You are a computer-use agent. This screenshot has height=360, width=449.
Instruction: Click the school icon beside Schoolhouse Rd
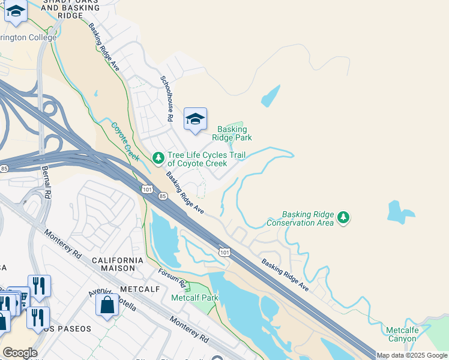pyautogui.click(x=195, y=119)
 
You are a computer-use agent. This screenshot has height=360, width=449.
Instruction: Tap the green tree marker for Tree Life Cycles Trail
pyautogui.click(x=158, y=158)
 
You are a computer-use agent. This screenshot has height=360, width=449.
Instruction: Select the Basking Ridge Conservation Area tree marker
pyautogui.click(x=343, y=217)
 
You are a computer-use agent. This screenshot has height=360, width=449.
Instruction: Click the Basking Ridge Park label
pyautogui.click(x=232, y=133)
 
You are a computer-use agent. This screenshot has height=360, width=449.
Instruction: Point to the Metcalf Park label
pyautogui.click(x=194, y=298)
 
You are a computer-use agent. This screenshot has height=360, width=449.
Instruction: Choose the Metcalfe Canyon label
pyautogui.click(x=402, y=334)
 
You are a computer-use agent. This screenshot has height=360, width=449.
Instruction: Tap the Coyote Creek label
pyautogui.click(x=125, y=142)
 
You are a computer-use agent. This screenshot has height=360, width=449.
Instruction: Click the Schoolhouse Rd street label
pyautogui.click(x=166, y=99)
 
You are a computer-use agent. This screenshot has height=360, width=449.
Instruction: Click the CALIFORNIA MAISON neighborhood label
pyautogui.click(x=117, y=265)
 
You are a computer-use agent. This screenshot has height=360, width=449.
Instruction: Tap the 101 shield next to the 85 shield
pyautogui.click(x=148, y=190)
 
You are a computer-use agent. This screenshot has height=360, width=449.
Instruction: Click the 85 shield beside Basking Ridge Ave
pyautogui.click(x=162, y=196)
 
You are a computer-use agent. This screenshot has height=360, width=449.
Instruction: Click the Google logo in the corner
pyautogui.click(x=20, y=353)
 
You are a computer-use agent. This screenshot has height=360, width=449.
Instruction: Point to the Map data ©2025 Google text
pyautogui.click(x=412, y=355)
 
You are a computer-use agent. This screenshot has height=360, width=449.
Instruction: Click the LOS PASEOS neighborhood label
pyautogui.click(x=66, y=329)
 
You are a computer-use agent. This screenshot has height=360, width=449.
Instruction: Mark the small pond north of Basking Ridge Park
pyautogui.click(x=271, y=95)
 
